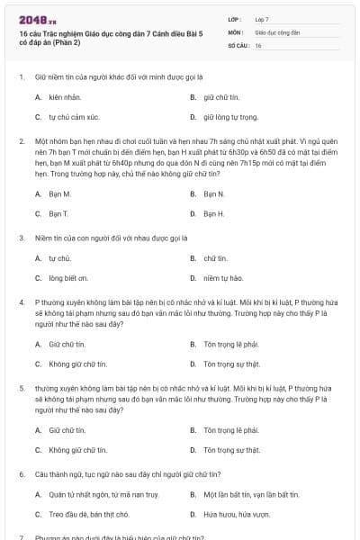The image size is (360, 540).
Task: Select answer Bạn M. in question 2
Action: coord(60,193)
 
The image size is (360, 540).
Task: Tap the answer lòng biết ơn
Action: coord(68,279)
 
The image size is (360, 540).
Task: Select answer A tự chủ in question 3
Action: coord(59,258)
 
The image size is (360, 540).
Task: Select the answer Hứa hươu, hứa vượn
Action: coord(236,515)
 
